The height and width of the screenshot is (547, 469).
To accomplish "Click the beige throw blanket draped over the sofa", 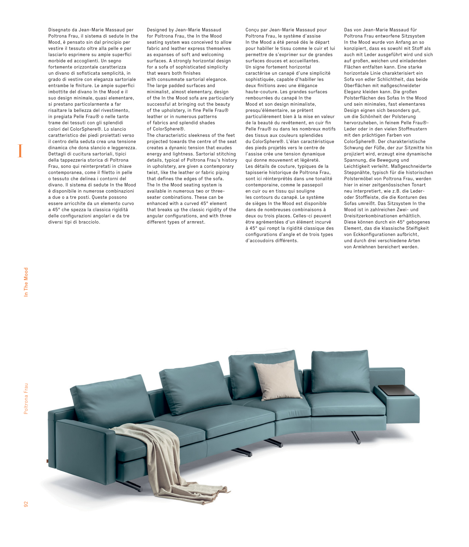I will [169, 454].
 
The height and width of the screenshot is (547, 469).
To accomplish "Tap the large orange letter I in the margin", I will [20, 151].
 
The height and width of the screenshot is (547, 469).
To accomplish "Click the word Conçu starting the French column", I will [252, 30].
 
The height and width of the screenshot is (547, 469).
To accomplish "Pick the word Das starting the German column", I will [348, 30].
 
